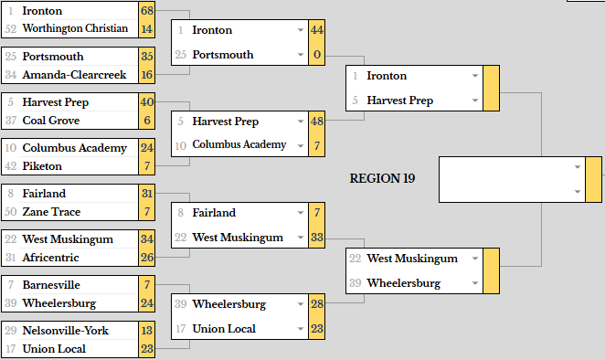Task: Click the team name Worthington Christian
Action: [75, 28]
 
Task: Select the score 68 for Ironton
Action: [147, 11]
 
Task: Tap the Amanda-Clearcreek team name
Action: [74, 75]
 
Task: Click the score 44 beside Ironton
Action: [317, 30]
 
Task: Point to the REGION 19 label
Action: [382, 178]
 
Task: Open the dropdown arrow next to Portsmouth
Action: [300, 55]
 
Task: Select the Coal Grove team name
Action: [51, 121]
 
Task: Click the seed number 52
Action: [11, 29]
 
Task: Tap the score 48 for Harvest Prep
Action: [317, 122]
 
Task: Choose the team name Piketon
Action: [42, 166]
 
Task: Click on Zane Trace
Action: [51, 212]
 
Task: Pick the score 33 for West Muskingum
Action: [317, 237]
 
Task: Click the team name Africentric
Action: [50, 258]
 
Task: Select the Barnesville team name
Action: [51, 285]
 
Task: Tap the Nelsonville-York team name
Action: [66, 331]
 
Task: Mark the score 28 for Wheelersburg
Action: [317, 303]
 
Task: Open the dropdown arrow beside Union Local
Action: [300, 329]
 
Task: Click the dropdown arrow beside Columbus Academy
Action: [300, 146]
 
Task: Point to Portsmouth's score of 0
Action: [317, 55]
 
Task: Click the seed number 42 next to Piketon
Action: [11, 166]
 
